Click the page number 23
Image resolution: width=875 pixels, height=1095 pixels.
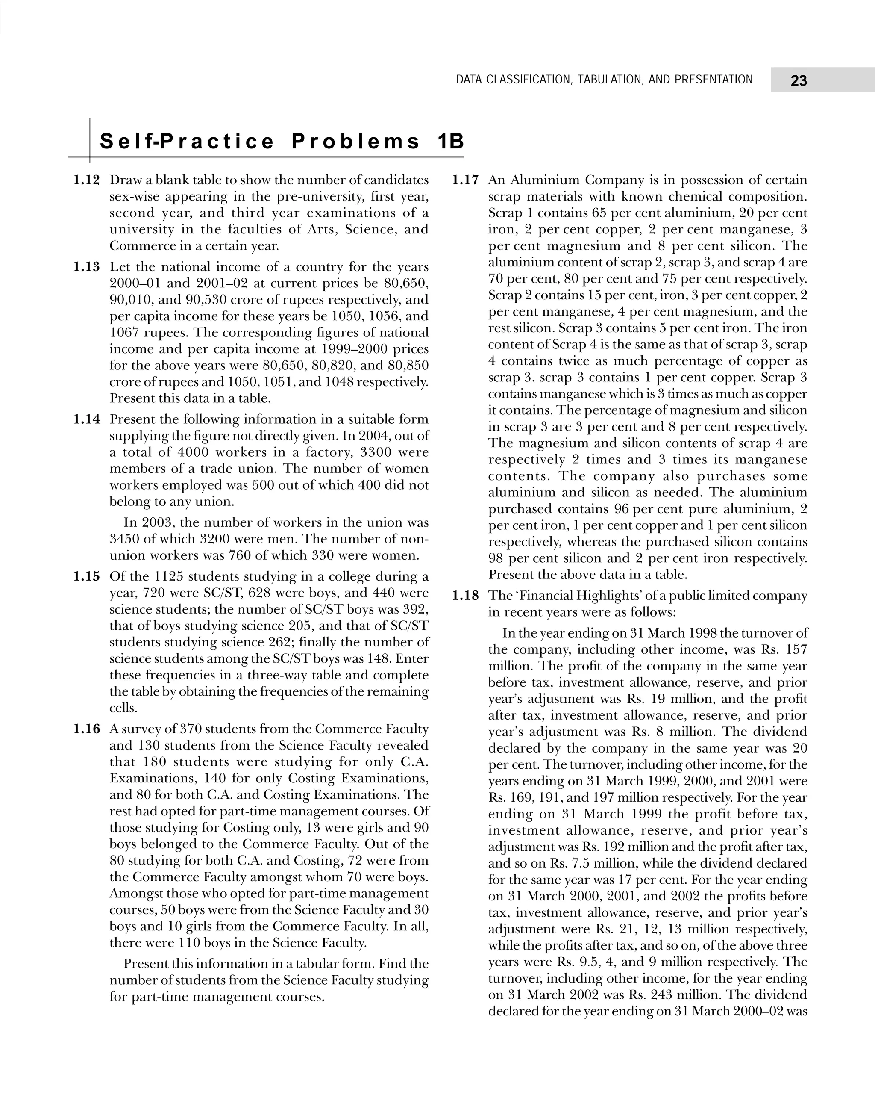tap(799, 81)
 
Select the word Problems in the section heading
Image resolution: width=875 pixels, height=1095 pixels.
tap(356, 142)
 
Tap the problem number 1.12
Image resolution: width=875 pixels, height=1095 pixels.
tap(87, 180)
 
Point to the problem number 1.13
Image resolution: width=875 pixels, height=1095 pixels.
tap(87, 267)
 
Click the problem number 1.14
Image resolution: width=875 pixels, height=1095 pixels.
tap(87, 419)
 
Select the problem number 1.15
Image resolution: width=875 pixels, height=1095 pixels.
tap(87, 576)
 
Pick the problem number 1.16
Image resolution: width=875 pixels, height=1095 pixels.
tap(87, 729)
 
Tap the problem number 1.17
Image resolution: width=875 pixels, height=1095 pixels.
tap(465, 180)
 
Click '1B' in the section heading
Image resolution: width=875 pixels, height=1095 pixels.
tap(450, 142)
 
